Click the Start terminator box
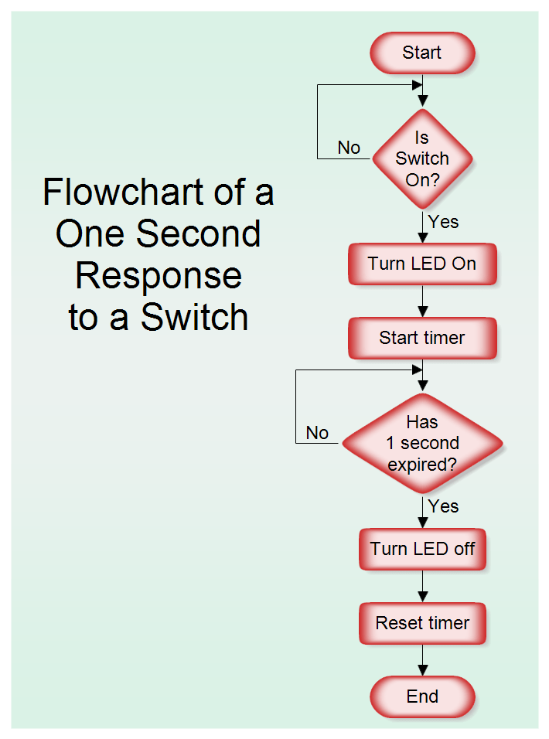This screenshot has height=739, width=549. coord(422,53)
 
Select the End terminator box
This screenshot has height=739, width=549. coord(422,696)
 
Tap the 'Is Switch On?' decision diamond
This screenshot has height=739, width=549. coord(422,158)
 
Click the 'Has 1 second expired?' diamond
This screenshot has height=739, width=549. coord(422,444)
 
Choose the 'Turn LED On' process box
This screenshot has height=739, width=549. coord(422,264)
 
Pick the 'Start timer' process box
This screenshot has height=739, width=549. coord(422,338)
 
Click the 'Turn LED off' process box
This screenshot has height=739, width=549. coord(422,549)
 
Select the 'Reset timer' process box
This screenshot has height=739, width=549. coord(422,623)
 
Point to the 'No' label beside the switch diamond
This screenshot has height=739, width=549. coord(349,148)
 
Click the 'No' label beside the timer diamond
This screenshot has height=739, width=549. coord(317,433)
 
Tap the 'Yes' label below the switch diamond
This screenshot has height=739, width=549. coord(444,222)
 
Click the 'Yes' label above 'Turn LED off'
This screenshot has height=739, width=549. coord(444,506)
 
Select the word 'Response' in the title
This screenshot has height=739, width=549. coord(159,276)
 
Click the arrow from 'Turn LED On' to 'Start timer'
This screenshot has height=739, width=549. coord(423,301)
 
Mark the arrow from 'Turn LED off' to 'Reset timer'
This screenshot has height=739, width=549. coord(423,586)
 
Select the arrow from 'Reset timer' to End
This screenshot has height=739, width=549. coord(423,660)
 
